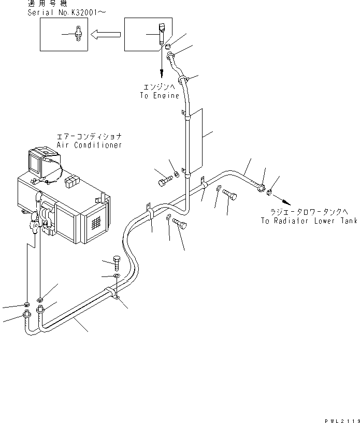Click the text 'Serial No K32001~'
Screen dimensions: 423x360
pos(62,12)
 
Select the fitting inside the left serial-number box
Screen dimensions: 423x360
pos(78,36)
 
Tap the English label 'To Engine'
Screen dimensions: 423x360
pos(160,96)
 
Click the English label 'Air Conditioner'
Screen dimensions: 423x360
pos(90,145)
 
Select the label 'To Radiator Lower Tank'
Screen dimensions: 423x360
pos(309,221)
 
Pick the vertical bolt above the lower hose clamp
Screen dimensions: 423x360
pos(117,263)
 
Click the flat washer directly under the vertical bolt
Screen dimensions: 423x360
pos(117,276)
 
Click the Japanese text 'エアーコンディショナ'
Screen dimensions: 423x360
pos(89,137)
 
